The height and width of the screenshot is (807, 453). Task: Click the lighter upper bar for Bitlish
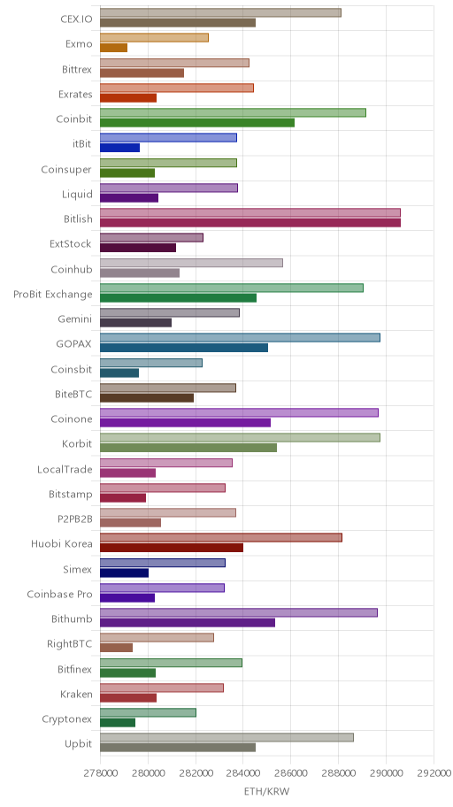point(250,212)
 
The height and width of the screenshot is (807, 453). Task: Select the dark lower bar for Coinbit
point(197,122)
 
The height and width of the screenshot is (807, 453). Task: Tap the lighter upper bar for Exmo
point(154,37)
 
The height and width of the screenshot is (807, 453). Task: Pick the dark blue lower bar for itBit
point(119,148)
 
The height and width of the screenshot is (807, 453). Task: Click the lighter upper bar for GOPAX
point(240,338)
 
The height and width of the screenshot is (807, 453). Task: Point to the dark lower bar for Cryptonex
point(118,723)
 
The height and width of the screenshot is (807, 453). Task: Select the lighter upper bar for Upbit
point(226,737)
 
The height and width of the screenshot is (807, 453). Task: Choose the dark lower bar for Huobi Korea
point(172,548)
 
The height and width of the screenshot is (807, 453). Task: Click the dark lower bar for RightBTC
point(116,648)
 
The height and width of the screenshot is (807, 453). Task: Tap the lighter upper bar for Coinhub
point(191,263)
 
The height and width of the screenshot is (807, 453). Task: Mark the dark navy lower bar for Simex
point(124,573)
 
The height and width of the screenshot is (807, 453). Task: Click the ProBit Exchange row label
point(53,295)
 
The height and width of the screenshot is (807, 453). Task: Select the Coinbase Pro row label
point(59,595)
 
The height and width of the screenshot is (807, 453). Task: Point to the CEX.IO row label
point(76,19)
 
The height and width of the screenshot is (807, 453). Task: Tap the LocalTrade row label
point(65,469)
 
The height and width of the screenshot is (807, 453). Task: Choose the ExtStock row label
point(71,244)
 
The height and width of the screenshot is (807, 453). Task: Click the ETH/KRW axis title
point(266,791)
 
